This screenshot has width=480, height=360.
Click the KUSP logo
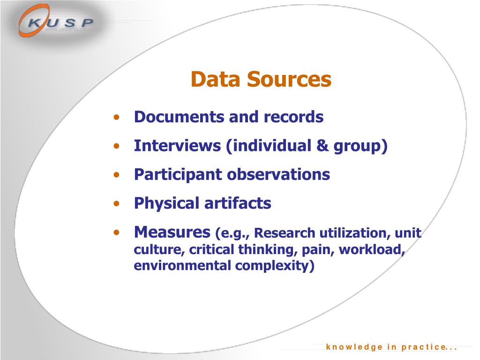point(56,22)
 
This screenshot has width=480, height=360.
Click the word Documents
point(172,117)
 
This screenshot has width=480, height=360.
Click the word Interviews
point(178,146)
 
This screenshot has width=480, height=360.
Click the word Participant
point(178,175)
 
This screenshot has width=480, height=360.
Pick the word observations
point(278,175)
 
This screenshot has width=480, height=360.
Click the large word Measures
point(172,232)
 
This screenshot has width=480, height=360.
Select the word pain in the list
point(317,249)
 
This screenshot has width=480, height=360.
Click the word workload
point(372,249)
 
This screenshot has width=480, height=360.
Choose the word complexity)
point(275,266)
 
